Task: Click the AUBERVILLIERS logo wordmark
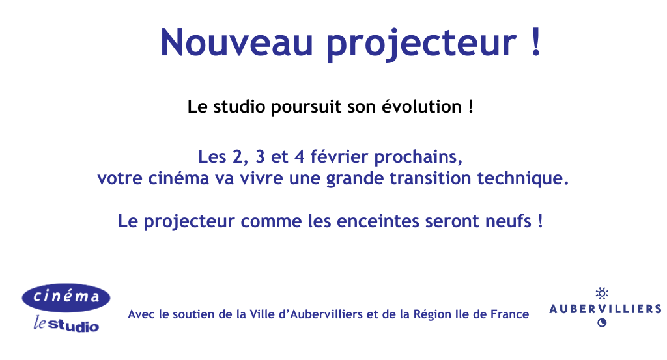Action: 605,309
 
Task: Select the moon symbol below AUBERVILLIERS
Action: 602,322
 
